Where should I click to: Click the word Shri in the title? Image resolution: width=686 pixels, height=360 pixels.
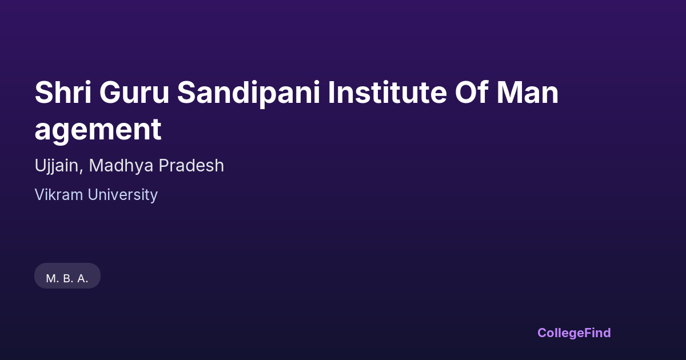[63, 92]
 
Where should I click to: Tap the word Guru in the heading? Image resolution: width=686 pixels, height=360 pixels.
[134, 93]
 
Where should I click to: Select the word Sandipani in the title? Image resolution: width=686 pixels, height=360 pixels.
[249, 94]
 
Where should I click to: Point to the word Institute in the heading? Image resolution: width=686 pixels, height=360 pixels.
[388, 92]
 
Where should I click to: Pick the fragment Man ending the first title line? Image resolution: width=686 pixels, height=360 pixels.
[528, 93]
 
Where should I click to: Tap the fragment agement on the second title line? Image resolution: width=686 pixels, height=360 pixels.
[98, 130]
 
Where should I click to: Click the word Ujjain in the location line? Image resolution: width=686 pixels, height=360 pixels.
[57, 166]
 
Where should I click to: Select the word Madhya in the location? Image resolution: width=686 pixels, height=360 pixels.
[121, 166]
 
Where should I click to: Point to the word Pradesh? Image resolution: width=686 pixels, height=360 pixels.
[191, 166]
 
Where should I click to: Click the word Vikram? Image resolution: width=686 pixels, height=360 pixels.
[59, 195]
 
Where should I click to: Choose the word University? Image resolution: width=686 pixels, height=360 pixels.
[123, 195]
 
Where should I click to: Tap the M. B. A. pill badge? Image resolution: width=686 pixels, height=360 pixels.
[67, 275]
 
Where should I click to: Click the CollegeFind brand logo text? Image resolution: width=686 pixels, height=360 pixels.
[574, 333]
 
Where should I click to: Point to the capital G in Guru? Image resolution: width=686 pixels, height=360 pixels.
[110, 92]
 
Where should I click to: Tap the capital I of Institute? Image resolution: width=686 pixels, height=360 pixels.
[331, 92]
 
